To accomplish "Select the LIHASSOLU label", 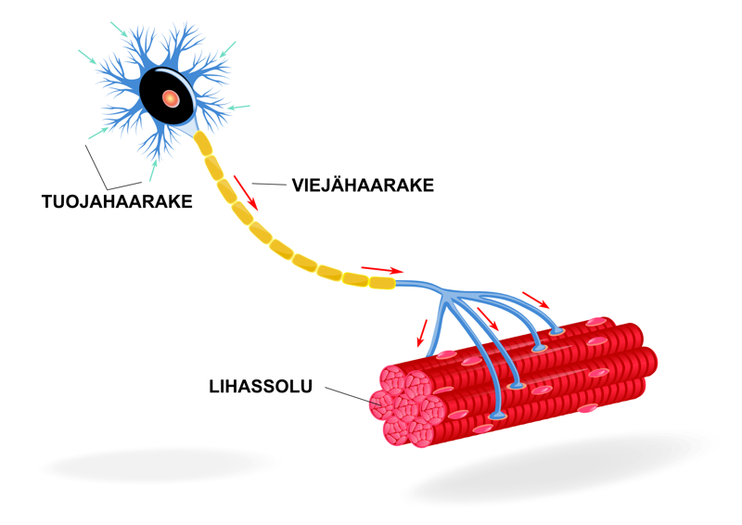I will click(x=261, y=383).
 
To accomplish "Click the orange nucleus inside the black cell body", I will click(x=170, y=97).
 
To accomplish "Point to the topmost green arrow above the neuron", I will click(x=118, y=29).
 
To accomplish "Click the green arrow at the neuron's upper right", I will click(x=228, y=47).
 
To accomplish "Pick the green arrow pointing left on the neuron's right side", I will click(x=239, y=109).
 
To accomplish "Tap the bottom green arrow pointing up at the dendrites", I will click(x=153, y=169).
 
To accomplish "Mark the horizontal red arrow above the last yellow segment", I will click(x=381, y=269).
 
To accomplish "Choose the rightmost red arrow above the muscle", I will click(x=535, y=300).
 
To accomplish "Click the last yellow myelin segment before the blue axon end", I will click(x=381, y=280).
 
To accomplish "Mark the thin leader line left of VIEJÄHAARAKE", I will click(x=270, y=185).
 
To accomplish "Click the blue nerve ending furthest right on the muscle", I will click(x=556, y=330).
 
